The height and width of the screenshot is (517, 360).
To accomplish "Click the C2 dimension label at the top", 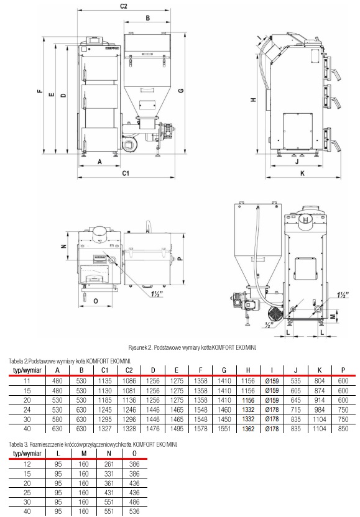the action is [x=123, y=6].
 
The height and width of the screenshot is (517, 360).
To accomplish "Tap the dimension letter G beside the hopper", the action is [x=181, y=90].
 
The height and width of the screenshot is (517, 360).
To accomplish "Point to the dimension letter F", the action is [x=40, y=91].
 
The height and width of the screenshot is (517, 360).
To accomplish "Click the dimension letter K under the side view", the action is [x=302, y=173].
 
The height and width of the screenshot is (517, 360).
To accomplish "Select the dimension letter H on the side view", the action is [x=254, y=99].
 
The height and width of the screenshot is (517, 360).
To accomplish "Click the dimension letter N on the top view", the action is [x=64, y=246].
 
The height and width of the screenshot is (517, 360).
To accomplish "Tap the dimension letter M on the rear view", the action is [x=333, y=316].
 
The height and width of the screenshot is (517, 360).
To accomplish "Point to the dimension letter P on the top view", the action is [x=180, y=258].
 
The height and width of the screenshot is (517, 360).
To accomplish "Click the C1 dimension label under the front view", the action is [x=126, y=173].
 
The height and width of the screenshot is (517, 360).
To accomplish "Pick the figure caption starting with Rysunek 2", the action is [x=192, y=347].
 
